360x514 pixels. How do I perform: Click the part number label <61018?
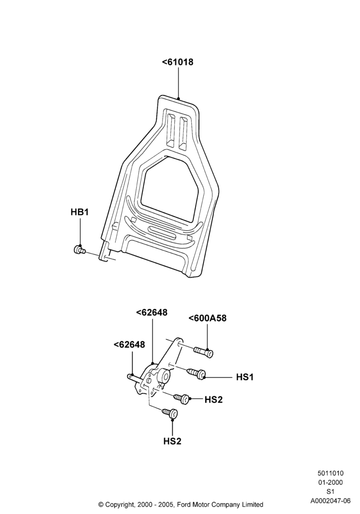tap(178, 62)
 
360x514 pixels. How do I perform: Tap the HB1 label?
tap(80, 212)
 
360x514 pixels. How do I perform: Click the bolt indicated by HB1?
tap(79, 250)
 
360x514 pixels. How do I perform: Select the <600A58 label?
tap(207, 318)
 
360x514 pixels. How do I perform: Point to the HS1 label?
tap(245, 377)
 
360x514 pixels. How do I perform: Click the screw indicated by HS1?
tap(196, 373)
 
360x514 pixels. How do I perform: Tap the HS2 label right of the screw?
tap(213, 399)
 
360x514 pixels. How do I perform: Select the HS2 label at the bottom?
tap(172, 441)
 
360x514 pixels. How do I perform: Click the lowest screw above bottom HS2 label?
tap(170, 413)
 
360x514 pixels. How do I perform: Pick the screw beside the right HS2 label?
tap(182, 398)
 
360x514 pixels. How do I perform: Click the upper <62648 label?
tap(152, 313)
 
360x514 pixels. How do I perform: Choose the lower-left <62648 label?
tap(129, 344)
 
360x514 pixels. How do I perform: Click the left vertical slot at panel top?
tap(171, 130)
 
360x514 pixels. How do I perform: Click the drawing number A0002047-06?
tap(331, 501)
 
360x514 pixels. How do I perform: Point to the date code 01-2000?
tap(330, 482)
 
